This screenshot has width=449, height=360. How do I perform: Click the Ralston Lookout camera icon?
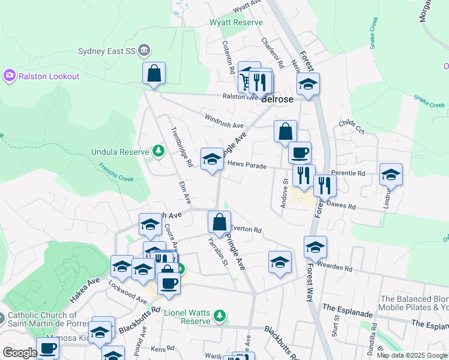pyautogui.click(x=10, y=76)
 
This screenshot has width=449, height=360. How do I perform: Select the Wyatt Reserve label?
pyautogui.click(x=236, y=22)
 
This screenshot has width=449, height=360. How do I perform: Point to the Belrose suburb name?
pyautogui.click(x=277, y=100)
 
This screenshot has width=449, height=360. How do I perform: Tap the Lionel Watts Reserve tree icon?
pyautogui.click(x=220, y=315)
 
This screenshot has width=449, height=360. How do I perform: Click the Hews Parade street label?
pyautogui.click(x=247, y=164)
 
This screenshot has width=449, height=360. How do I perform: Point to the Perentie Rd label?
pyautogui.click(x=352, y=173)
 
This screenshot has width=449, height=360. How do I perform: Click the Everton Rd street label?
pyautogui.click(x=247, y=229)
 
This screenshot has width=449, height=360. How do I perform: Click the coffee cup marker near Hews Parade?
pyautogui.click(x=300, y=152)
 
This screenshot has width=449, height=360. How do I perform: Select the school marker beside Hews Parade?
pyautogui.click(x=211, y=159)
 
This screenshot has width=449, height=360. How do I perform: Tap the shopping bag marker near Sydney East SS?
pyautogui.click(x=154, y=73)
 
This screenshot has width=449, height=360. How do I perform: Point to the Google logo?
pyautogui.click(x=20, y=353)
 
